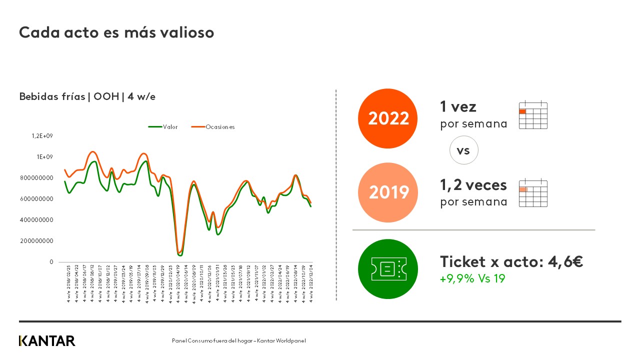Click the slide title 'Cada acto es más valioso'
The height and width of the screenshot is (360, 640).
[116, 32]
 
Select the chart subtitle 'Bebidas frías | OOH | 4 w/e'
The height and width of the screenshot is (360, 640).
[87, 96]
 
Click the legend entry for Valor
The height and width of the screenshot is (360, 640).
[163, 127]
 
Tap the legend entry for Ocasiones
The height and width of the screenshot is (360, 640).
[213, 127]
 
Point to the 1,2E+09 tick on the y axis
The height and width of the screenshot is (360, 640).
[42, 136]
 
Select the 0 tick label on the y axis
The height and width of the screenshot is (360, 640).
[51, 262]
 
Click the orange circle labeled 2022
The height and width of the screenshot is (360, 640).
[388, 118]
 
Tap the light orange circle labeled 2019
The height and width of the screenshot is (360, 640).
[388, 192]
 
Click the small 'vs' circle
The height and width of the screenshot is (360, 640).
[463, 150]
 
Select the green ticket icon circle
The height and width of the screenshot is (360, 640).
[388, 269]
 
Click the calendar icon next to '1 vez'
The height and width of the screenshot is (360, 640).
[533, 115]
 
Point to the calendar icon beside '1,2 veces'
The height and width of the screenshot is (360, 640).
[533, 193]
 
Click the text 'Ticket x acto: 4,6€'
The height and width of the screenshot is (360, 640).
[511, 261]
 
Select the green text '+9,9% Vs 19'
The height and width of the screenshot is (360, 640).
[472, 278]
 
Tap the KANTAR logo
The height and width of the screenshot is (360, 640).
[47, 341]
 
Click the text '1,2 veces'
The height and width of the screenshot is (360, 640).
[473, 185]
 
